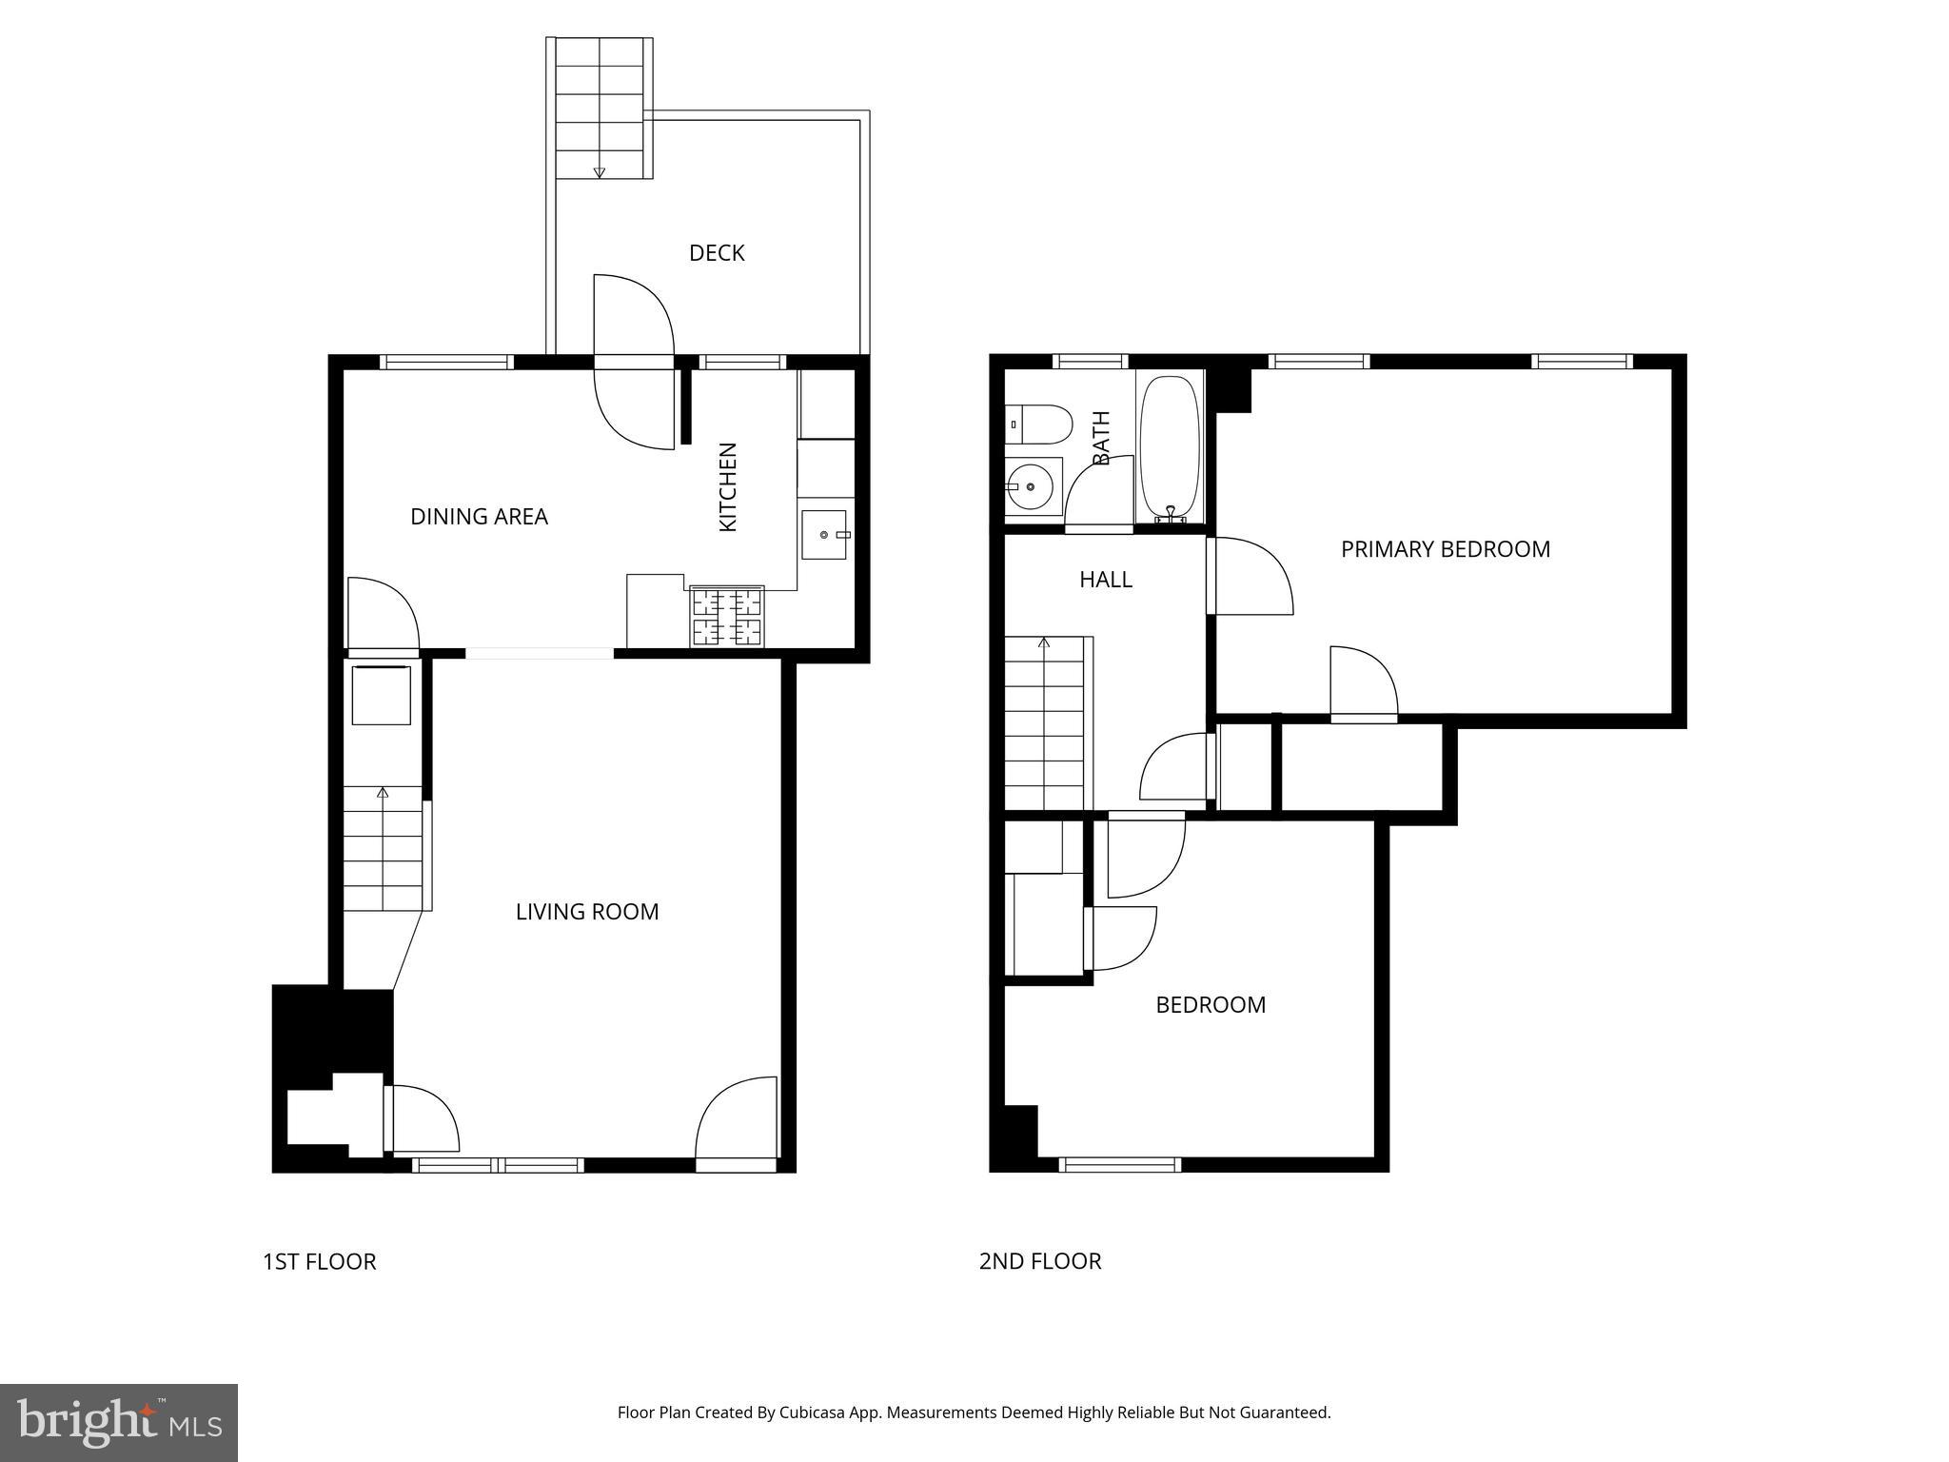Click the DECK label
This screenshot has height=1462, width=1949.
pyautogui.click(x=716, y=253)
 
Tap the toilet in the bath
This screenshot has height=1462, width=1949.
pyautogui.click(x=1039, y=425)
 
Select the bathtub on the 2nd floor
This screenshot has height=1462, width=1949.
pyautogui.click(x=1170, y=447)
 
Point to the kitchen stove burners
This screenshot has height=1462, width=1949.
pyautogui.click(x=728, y=617)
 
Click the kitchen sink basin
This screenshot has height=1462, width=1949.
pyautogui.click(x=824, y=535)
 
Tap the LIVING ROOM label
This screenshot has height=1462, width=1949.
pyautogui.click(x=587, y=912)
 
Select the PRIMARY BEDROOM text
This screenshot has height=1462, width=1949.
pyautogui.click(x=1445, y=549)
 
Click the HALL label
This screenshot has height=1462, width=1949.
pyautogui.click(x=1105, y=580)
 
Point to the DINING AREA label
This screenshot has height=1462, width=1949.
pyautogui.click(x=479, y=517)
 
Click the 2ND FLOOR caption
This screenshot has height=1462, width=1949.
pyautogui.click(x=1039, y=1261)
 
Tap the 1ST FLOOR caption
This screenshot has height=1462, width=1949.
pyautogui.click(x=319, y=1261)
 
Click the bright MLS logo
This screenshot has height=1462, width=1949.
pyautogui.click(x=118, y=1422)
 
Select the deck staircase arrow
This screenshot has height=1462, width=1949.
pyautogui.click(x=599, y=171)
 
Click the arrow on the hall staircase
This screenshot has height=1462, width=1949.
pyautogui.click(x=1044, y=643)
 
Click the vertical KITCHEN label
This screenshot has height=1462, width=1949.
pyautogui.click(x=728, y=487)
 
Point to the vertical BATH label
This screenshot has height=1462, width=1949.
pyautogui.click(x=1101, y=438)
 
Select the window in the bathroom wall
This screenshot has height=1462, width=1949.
pyautogui.click(x=1090, y=361)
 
